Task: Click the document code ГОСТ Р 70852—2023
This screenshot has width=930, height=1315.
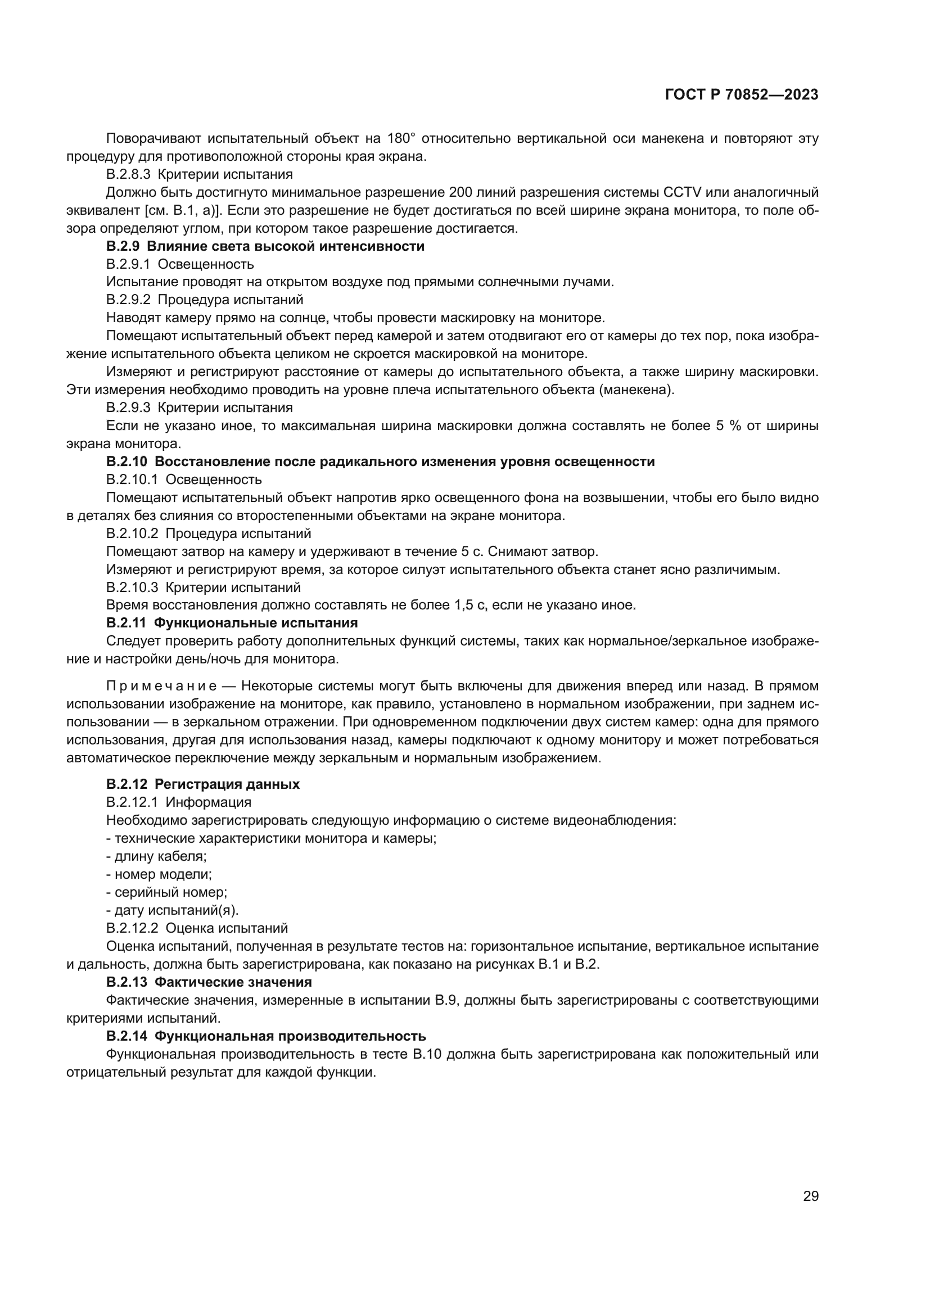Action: (x=742, y=95)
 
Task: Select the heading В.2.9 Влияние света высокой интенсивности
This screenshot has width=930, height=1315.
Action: (x=265, y=246)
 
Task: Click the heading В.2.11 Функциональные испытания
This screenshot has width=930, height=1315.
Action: (x=232, y=622)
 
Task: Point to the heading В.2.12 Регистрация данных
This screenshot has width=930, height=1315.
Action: (x=203, y=784)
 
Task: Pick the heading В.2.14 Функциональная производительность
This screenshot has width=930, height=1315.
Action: (x=266, y=1036)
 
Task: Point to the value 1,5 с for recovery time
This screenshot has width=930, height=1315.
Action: (x=469, y=605)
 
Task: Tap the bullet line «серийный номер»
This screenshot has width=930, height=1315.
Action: (x=166, y=892)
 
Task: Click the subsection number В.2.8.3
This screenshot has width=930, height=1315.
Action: (x=128, y=174)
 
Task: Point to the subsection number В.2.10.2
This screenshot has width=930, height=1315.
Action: (x=132, y=534)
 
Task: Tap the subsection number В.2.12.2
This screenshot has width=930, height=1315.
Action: (x=132, y=928)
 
